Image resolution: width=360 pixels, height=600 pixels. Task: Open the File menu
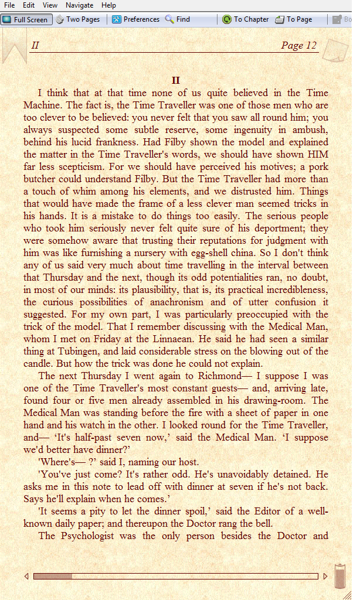(x=9, y=5)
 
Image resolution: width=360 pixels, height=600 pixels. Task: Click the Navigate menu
(x=79, y=5)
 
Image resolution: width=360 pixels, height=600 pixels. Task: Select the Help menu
(x=108, y=5)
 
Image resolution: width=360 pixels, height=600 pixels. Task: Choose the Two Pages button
(x=77, y=19)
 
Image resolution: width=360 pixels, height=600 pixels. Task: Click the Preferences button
(x=135, y=19)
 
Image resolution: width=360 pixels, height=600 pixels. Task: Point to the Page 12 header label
(x=298, y=46)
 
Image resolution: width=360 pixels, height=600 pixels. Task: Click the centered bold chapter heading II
(x=176, y=81)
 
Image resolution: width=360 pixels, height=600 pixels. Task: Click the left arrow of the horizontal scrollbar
(x=26, y=577)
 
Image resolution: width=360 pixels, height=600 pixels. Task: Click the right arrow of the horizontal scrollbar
(x=325, y=577)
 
